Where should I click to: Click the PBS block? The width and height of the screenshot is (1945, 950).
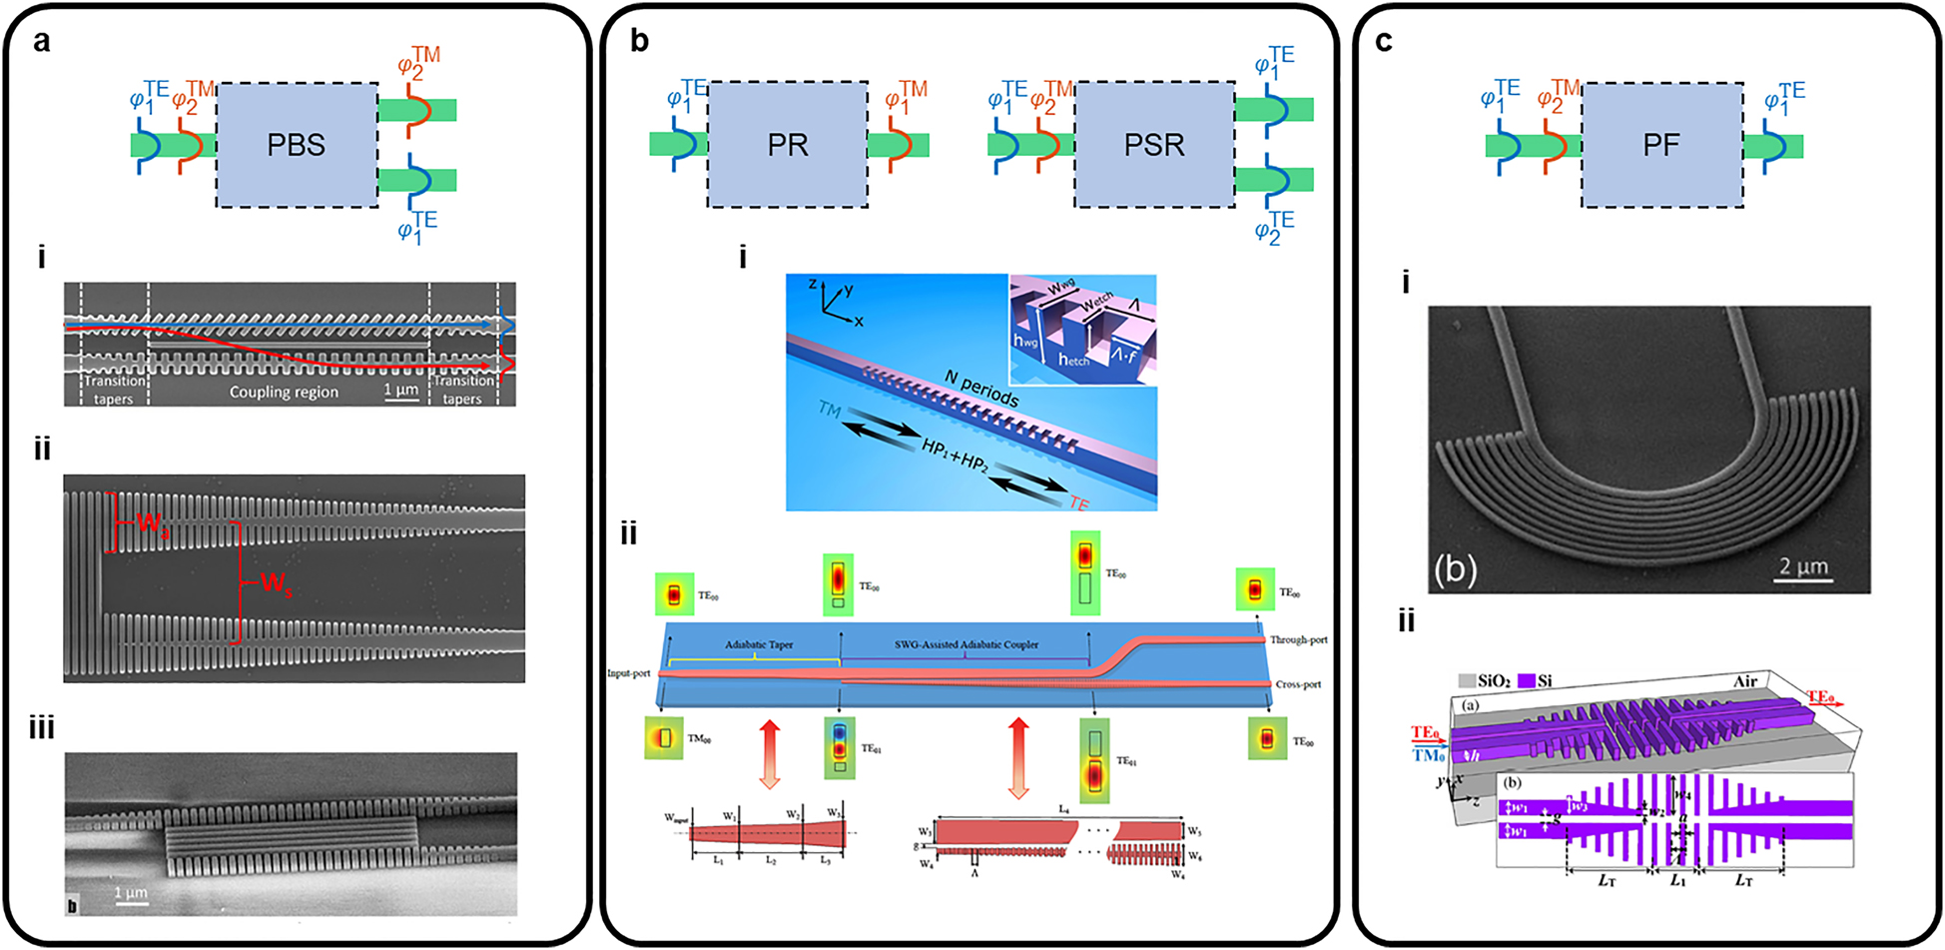point(297,145)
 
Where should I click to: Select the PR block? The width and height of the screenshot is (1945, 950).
point(787,145)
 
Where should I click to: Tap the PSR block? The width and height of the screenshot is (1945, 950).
point(1154,145)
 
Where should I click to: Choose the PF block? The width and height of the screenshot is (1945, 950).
point(1661,145)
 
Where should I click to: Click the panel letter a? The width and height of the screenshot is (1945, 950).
point(42,41)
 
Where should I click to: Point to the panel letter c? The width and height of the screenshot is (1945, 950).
point(1383,41)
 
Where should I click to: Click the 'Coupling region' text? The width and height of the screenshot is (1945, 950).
point(284,392)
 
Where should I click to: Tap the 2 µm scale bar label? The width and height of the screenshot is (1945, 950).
point(1803,566)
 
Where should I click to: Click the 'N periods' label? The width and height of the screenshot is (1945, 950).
point(981,389)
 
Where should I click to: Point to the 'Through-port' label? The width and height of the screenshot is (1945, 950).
point(1298,639)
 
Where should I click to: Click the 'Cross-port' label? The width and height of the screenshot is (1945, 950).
point(1297,684)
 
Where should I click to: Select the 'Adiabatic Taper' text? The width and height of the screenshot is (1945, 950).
point(759,645)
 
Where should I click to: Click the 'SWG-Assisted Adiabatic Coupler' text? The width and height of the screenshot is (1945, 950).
point(966,645)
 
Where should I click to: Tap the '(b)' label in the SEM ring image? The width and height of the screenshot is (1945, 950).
point(1455,569)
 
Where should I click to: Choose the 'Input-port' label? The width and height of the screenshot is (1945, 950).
point(628,673)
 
